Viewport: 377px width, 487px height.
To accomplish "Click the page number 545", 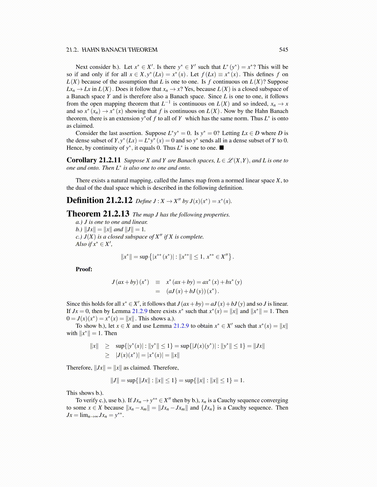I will coord(283,50).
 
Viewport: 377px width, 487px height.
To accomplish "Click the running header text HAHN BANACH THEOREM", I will coord(120,50).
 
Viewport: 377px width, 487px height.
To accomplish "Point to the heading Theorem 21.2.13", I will coord(98,214).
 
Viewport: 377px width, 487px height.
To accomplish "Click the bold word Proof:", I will coord(84,269).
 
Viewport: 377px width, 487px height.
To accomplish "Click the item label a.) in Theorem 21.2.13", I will coord(79,222).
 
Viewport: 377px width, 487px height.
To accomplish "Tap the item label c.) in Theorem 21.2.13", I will coord(79,237).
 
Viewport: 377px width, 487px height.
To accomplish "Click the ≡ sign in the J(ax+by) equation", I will coord(158,282).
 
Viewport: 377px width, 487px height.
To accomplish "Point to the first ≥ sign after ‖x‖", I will coord(107,346).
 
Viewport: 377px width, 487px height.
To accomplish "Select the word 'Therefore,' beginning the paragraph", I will coord(79,368).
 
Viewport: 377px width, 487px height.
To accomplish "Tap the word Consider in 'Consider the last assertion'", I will coord(87,133).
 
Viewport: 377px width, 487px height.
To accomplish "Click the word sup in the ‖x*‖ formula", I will coord(144,257).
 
